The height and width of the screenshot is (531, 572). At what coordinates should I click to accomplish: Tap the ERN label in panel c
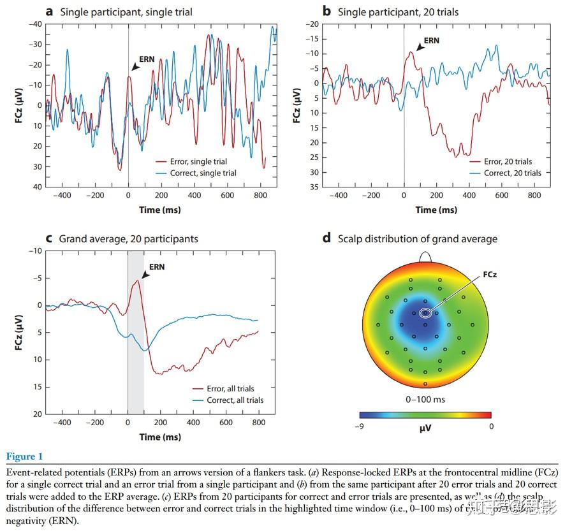click(x=157, y=267)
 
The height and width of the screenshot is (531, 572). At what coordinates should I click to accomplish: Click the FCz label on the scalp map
click(x=490, y=275)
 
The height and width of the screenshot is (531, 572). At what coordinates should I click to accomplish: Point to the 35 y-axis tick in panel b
click(x=312, y=187)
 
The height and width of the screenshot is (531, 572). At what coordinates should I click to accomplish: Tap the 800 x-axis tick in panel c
click(x=258, y=422)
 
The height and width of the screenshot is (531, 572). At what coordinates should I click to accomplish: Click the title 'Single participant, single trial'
click(x=126, y=11)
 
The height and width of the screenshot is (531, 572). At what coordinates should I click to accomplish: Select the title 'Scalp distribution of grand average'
click(x=417, y=239)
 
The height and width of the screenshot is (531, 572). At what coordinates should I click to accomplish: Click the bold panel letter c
click(x=49, y=239)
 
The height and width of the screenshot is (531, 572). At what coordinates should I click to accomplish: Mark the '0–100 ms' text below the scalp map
click(x=425, y=400)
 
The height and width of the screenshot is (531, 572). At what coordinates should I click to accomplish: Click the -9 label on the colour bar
click(x=360, y=426)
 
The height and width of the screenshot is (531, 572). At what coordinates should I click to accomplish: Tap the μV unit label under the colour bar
click(x=425, y=428)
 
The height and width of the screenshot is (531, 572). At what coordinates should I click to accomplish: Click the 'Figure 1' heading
click(x=25, y=456)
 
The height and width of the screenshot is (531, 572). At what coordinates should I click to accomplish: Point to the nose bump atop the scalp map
click(x=425, y=255)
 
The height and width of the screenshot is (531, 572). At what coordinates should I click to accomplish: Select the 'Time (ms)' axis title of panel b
click(x=436, y=210)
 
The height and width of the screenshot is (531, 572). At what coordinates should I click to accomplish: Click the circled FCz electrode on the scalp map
click(x=425, y=312)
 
